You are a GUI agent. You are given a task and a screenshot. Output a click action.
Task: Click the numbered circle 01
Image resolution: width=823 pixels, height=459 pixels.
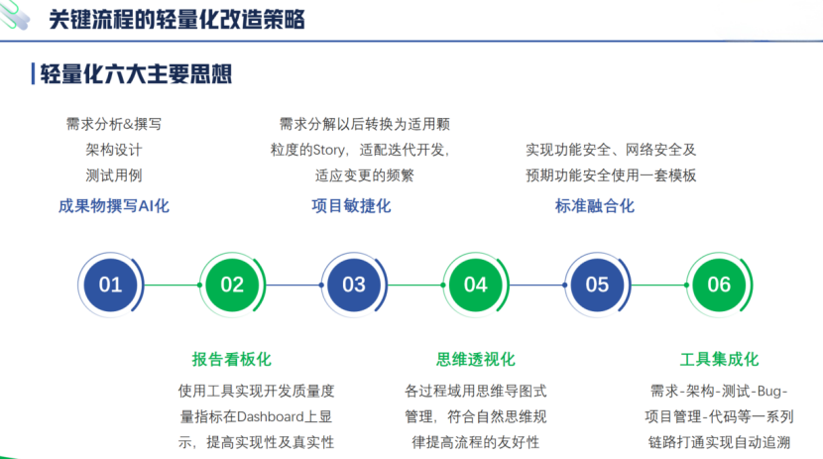pos(110,286)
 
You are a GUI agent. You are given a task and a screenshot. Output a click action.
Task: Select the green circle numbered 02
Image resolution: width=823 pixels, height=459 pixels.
pos(232,286)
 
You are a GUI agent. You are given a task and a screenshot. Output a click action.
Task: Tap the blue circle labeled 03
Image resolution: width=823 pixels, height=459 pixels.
pos(354,286)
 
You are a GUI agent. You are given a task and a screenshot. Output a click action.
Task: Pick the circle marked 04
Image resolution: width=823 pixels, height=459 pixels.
pos(476,286)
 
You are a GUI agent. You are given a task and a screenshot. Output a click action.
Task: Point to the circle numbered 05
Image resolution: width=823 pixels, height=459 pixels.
pos(597,286)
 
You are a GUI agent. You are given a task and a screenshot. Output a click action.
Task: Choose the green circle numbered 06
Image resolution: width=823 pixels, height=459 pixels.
pos(719,286)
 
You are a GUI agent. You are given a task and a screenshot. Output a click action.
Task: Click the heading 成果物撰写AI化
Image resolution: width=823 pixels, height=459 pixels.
pos(114,206)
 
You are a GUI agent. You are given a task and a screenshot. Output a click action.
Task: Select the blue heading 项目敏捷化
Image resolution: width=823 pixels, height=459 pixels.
pos(352,206)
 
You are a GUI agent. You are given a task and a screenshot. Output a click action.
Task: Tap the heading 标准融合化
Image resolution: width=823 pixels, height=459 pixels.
pos(595,206)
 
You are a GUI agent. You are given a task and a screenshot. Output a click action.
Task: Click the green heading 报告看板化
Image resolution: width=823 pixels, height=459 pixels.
pos(231,359)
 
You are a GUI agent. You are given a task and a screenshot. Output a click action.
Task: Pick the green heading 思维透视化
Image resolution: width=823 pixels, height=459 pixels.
pos(476,359)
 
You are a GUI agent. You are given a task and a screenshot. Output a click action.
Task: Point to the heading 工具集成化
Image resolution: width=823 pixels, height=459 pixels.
pos(719,359)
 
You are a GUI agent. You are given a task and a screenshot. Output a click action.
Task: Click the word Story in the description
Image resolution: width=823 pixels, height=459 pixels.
pos(327,151)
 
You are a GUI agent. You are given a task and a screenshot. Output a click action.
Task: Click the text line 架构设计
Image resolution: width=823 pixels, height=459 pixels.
pos(114,151)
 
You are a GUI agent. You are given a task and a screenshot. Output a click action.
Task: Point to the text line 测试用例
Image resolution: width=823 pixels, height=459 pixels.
pos(114,176)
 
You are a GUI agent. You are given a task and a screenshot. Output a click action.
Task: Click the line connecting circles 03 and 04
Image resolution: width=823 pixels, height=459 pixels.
pos(414,286)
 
